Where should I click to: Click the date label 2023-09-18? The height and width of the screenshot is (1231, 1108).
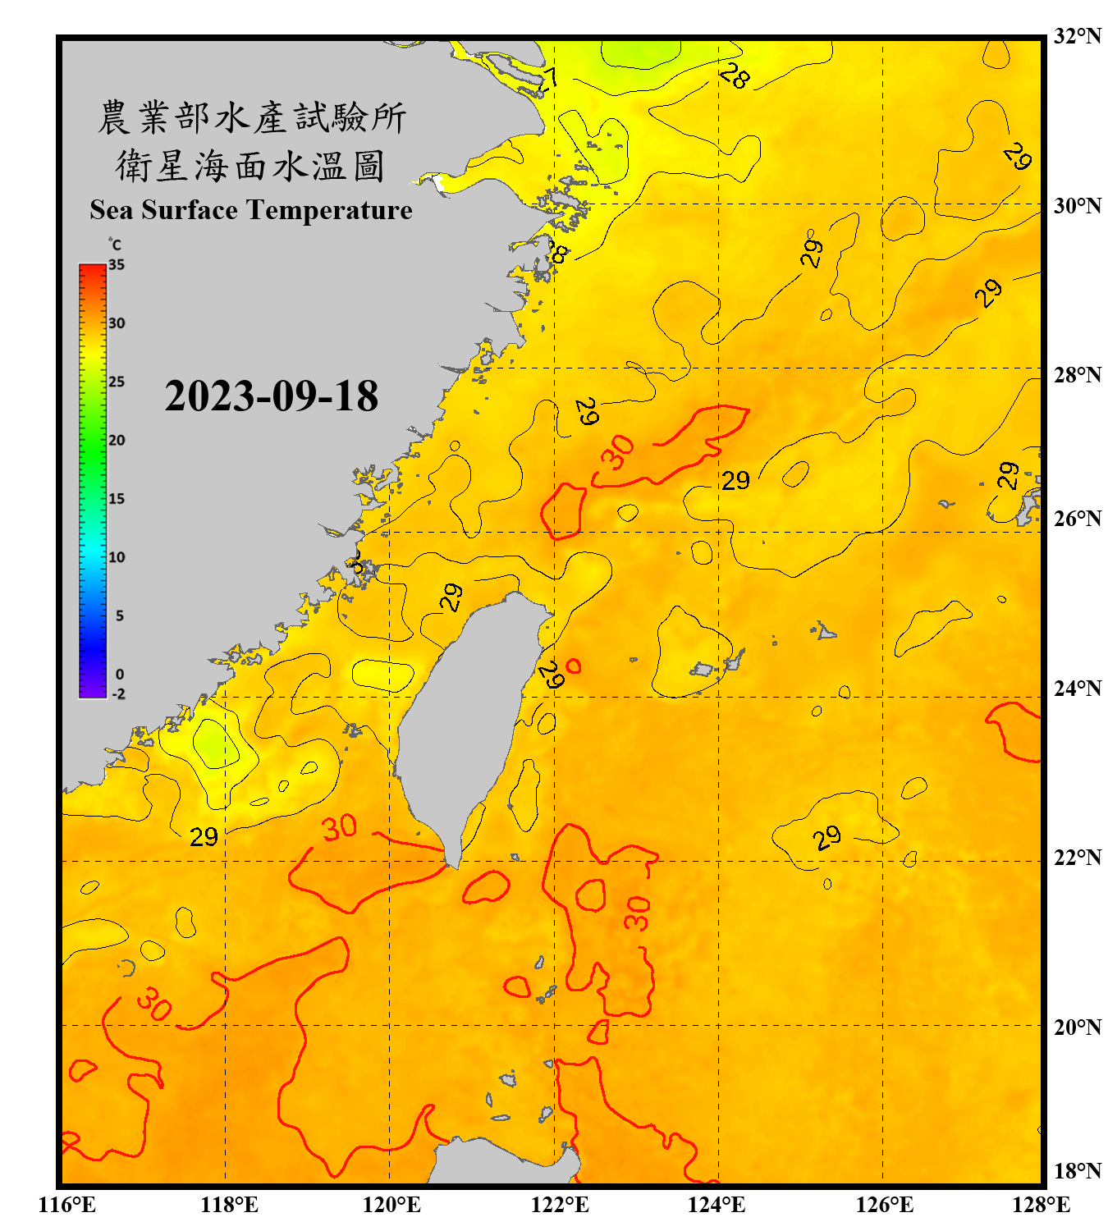click(x=271, y=396)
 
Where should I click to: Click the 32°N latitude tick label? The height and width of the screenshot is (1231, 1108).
click(x=1077, y=36)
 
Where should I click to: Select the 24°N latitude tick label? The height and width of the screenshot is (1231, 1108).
click(x=1077, y=689)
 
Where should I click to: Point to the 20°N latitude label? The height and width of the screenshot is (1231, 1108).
click(x=1077, y=1027)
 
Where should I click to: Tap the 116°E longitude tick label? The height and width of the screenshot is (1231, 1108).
click(x=66, y=1205)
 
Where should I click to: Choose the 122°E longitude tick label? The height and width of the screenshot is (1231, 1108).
click(x=560, y=1205)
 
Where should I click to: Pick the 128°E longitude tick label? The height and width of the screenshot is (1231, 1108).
click(x=1041, y=1205)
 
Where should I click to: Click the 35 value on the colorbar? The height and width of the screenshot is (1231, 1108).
click(x=117, y=265)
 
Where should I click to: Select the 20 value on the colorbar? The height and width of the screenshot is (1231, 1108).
click(x=117, y=441)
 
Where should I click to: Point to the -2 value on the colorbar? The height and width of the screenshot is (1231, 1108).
click(x=118, y=694)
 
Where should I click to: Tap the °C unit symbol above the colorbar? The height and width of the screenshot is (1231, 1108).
click(x=114, y=245)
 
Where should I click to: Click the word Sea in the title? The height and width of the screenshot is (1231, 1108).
click(x=112, y=210)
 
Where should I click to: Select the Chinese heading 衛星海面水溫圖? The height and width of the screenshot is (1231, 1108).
click(x=250, y=166)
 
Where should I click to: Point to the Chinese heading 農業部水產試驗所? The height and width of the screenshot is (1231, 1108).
click(x=252, y=117)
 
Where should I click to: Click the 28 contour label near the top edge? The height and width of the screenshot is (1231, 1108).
click(x=734, y=76)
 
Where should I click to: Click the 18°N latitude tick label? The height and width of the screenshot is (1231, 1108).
click(x=1077, y=1171)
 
